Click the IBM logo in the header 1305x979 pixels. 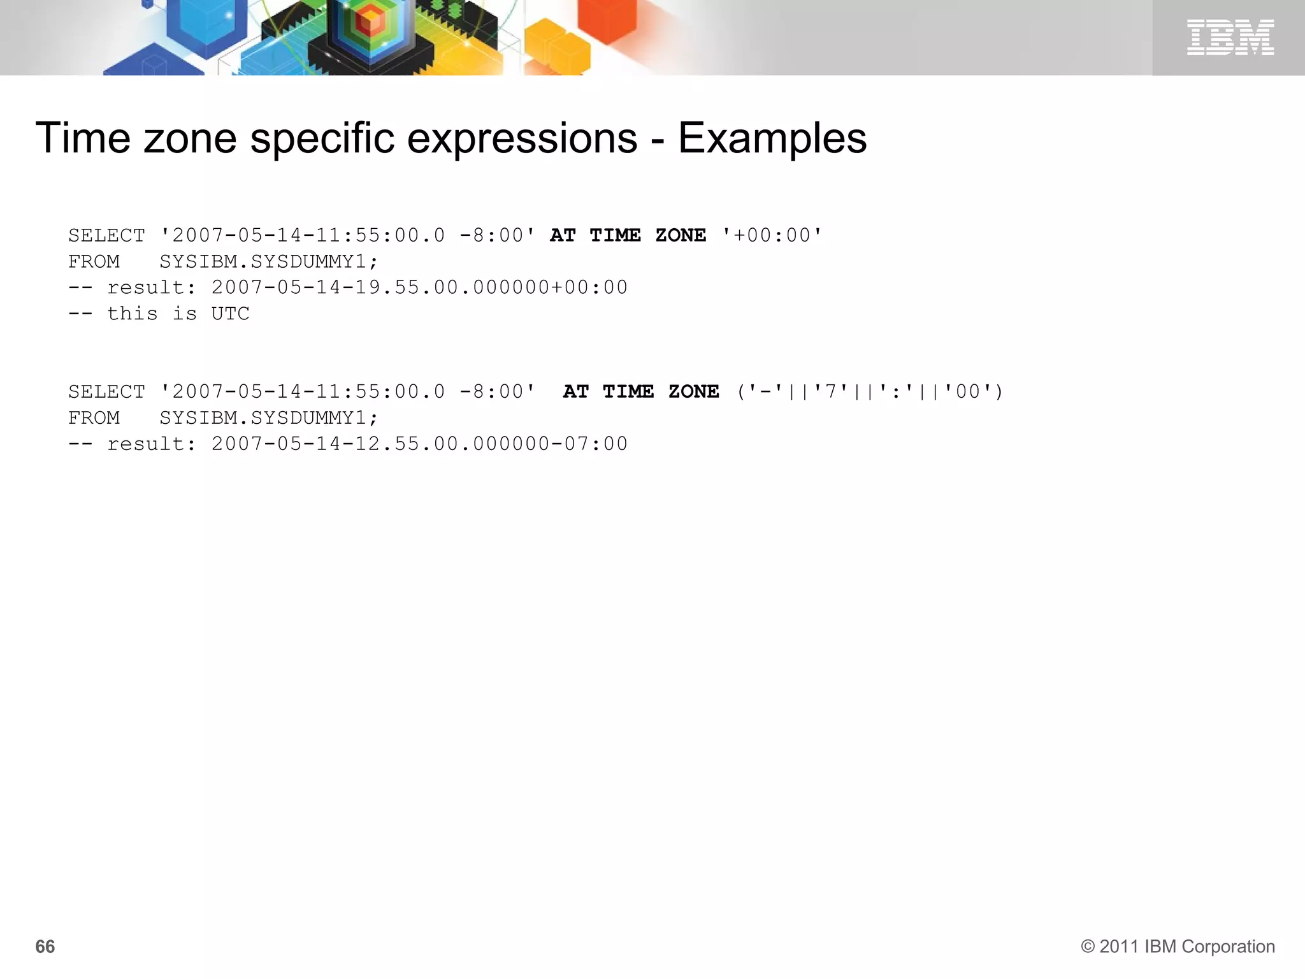coord(1230,37)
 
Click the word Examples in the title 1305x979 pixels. coord(772,138)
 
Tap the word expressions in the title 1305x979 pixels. coord(522,138)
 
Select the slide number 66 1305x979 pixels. coord(45,946)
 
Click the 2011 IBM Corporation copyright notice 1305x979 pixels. coord(1178,946)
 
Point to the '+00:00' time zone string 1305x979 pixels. coord(772,235)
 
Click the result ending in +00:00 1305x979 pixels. coord(419,287)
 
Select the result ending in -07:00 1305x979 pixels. coord(419,444)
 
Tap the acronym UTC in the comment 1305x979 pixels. coord(230,314)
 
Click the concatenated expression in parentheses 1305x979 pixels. coord(870,391)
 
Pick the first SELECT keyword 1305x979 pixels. coord(106,235)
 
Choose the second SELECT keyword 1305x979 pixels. coord(106,391)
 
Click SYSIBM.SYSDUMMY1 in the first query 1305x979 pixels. coord(268,261)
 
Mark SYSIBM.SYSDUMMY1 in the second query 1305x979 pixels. coord(268,417)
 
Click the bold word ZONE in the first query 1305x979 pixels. coord(681,235)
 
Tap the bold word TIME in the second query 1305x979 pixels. coord(628,391)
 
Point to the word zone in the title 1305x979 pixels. coord(190,138)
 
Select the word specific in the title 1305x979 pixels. coord(322,138)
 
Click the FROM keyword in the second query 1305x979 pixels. coord(94,417)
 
